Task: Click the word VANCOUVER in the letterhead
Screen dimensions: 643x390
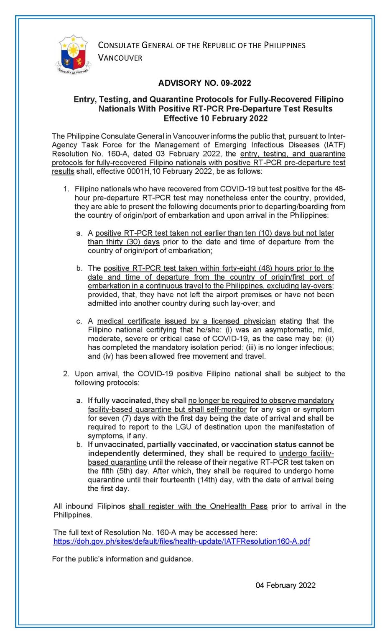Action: [120, 58]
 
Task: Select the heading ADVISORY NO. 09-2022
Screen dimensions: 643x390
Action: [204, 83]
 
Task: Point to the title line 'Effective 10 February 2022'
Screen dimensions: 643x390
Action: [215, 118]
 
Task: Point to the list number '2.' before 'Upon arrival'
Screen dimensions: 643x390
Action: [66, 374]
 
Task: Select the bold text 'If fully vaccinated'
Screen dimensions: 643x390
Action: [119, 401]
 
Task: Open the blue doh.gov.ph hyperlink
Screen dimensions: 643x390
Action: [181, 541]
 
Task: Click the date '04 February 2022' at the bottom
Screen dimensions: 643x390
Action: [285, 585]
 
